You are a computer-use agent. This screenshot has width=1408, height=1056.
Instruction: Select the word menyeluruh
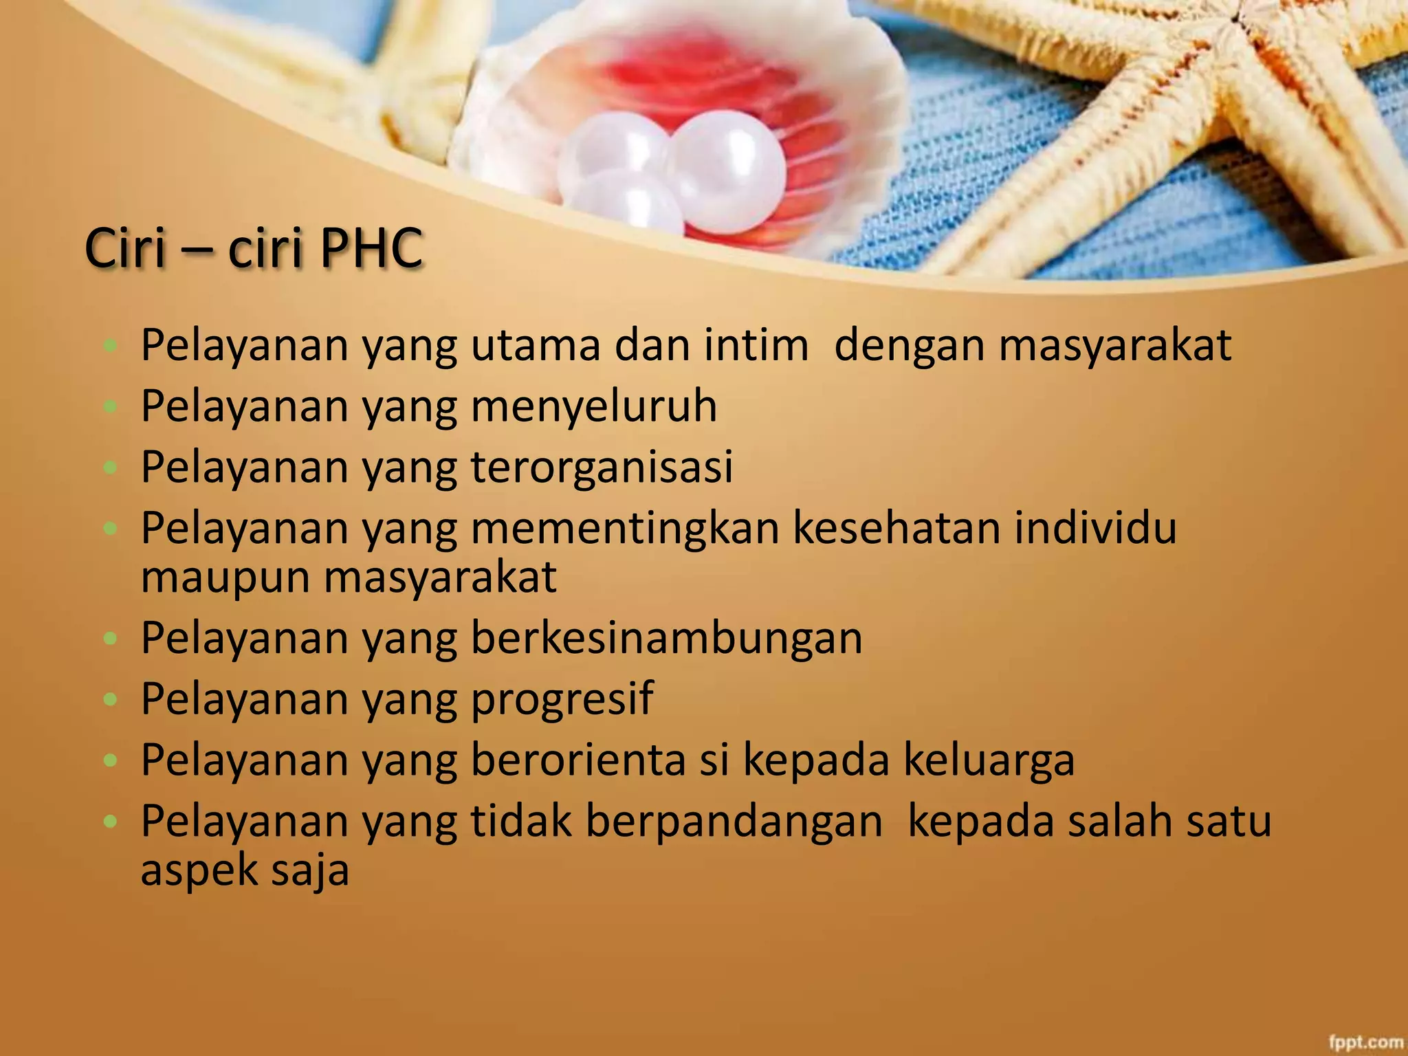[594, 406]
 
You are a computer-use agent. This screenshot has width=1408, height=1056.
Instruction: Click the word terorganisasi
[602, 467]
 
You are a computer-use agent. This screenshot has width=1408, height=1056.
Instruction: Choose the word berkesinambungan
[666, 638]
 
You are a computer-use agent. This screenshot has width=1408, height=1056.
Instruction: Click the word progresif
[562, 700]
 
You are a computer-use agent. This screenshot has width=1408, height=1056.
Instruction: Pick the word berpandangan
[734, 821]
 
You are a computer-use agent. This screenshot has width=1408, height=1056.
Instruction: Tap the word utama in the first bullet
[535, 344]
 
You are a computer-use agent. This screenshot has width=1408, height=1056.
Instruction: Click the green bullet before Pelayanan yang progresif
[109, 700]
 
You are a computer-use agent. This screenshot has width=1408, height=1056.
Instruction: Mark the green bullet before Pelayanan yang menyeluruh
[109, 406]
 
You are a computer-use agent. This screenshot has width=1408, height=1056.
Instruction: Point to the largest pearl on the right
[725, 172]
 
